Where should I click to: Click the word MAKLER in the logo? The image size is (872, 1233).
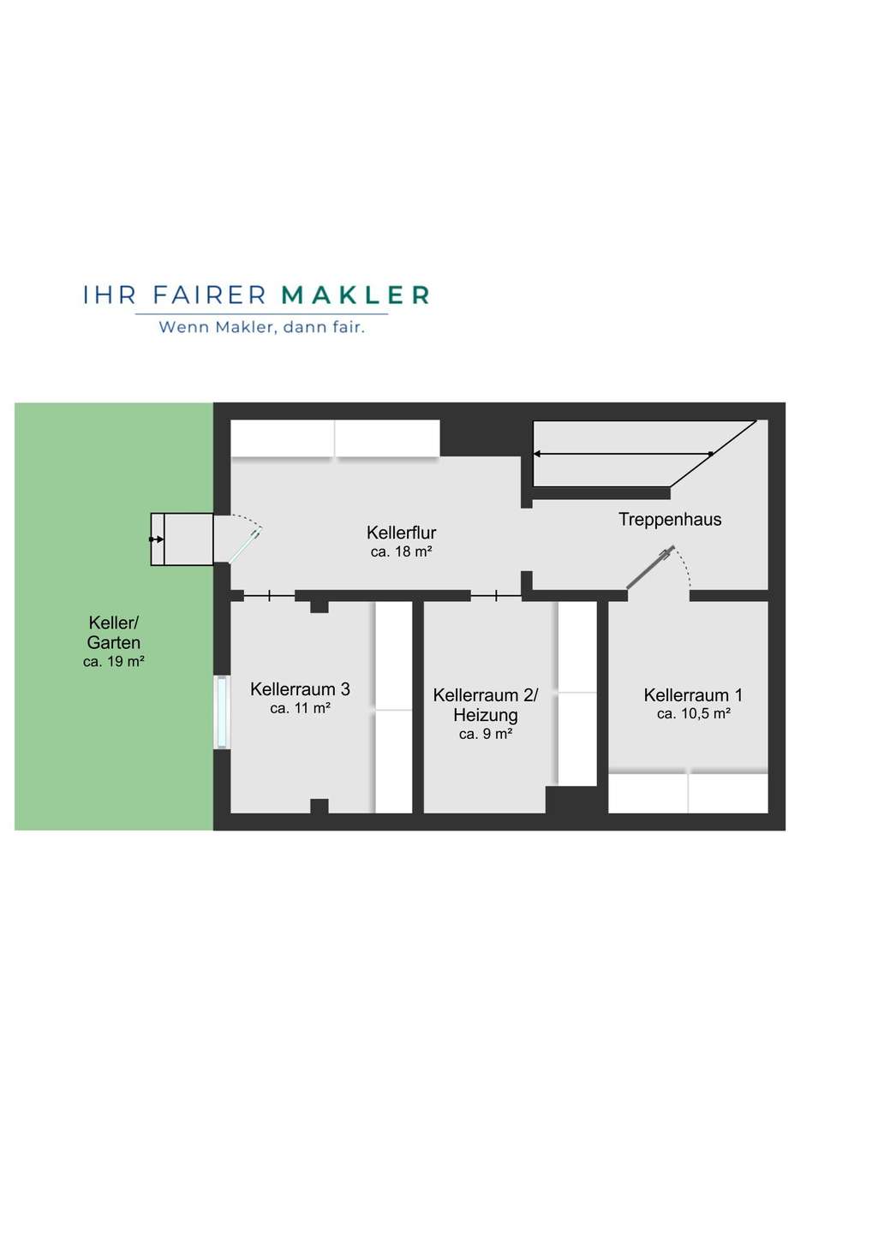(355, 295)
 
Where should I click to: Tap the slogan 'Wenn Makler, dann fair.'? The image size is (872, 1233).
(262, 327)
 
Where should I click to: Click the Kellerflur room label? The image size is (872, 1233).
(402, 533)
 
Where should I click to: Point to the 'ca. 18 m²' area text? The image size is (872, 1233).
(402, 551)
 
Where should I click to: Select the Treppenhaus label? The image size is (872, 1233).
(670, 519)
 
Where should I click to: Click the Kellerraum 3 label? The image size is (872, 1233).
(300, 689)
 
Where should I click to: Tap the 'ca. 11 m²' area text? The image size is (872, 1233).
(300, 708)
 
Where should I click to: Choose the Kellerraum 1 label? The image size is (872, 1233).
(693, 695)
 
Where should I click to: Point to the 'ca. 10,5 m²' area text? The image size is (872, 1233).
(694, 714)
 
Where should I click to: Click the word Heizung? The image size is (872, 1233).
(486, 715)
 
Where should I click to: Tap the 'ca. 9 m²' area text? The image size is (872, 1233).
(486, 735)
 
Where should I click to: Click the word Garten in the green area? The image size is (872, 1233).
(113, 642)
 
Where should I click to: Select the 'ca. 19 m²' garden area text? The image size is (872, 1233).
(113, 662)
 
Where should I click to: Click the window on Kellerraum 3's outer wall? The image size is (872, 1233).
(222, 712)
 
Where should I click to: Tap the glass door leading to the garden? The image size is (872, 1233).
(244, 545)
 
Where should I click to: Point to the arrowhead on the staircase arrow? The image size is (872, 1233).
(537, 454)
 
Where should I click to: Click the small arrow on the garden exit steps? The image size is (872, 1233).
(157, 539)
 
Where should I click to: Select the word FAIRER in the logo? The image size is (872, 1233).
(210, 295)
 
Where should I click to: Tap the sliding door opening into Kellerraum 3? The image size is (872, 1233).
(269, 596)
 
